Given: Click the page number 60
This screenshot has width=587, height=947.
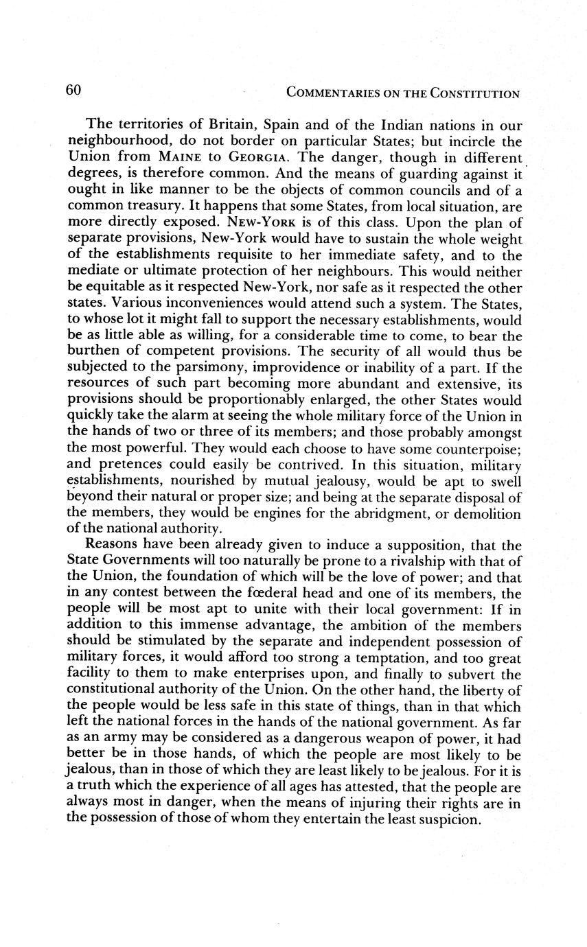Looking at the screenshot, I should coord(75,91).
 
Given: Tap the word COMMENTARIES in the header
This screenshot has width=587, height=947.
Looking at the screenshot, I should coord(332,93).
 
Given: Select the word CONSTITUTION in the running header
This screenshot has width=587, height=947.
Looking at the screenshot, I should coord(474,93).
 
